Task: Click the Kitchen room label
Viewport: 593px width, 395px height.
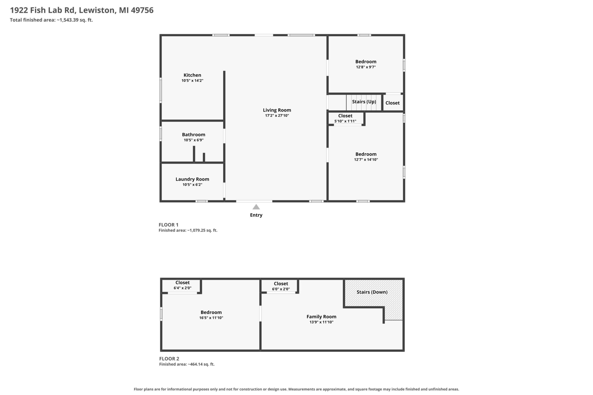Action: click(x=192, y=75)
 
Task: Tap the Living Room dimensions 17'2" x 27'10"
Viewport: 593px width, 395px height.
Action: click(x=277, y=116)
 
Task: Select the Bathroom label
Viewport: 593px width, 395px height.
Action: click(x=194, y=135)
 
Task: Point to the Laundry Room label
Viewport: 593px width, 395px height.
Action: click(x=192, y=179)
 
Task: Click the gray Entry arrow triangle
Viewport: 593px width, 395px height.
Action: click(x=256, y=207)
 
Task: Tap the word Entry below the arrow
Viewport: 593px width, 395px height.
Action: click(x=256, y=215)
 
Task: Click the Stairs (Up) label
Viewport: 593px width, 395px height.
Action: click(x=364, y=102)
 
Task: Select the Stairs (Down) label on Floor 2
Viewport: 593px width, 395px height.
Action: click(x=372, y=292)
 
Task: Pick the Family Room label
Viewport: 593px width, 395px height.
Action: click(x=321, y=317)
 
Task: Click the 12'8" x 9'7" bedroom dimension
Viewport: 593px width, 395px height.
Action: click(x=366, y=67)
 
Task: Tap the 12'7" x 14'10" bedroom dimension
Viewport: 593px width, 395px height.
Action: click(x=366, y=160)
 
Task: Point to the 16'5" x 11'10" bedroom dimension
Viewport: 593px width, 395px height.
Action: click(x=211, y=318)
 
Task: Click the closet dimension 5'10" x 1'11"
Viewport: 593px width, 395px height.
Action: click(x=345, y=121)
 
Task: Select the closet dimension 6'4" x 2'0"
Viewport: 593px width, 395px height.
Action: click(x=182, y=288)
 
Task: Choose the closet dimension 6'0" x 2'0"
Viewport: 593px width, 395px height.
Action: click(x=281, y=289)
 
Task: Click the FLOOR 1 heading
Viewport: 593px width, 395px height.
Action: click(x=168, y=225)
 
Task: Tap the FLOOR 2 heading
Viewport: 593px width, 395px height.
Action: click(x=169, y=358)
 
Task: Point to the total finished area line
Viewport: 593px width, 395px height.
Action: click(x=51, y=20)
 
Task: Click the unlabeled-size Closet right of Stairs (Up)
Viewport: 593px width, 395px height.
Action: click(x=392, y=103)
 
